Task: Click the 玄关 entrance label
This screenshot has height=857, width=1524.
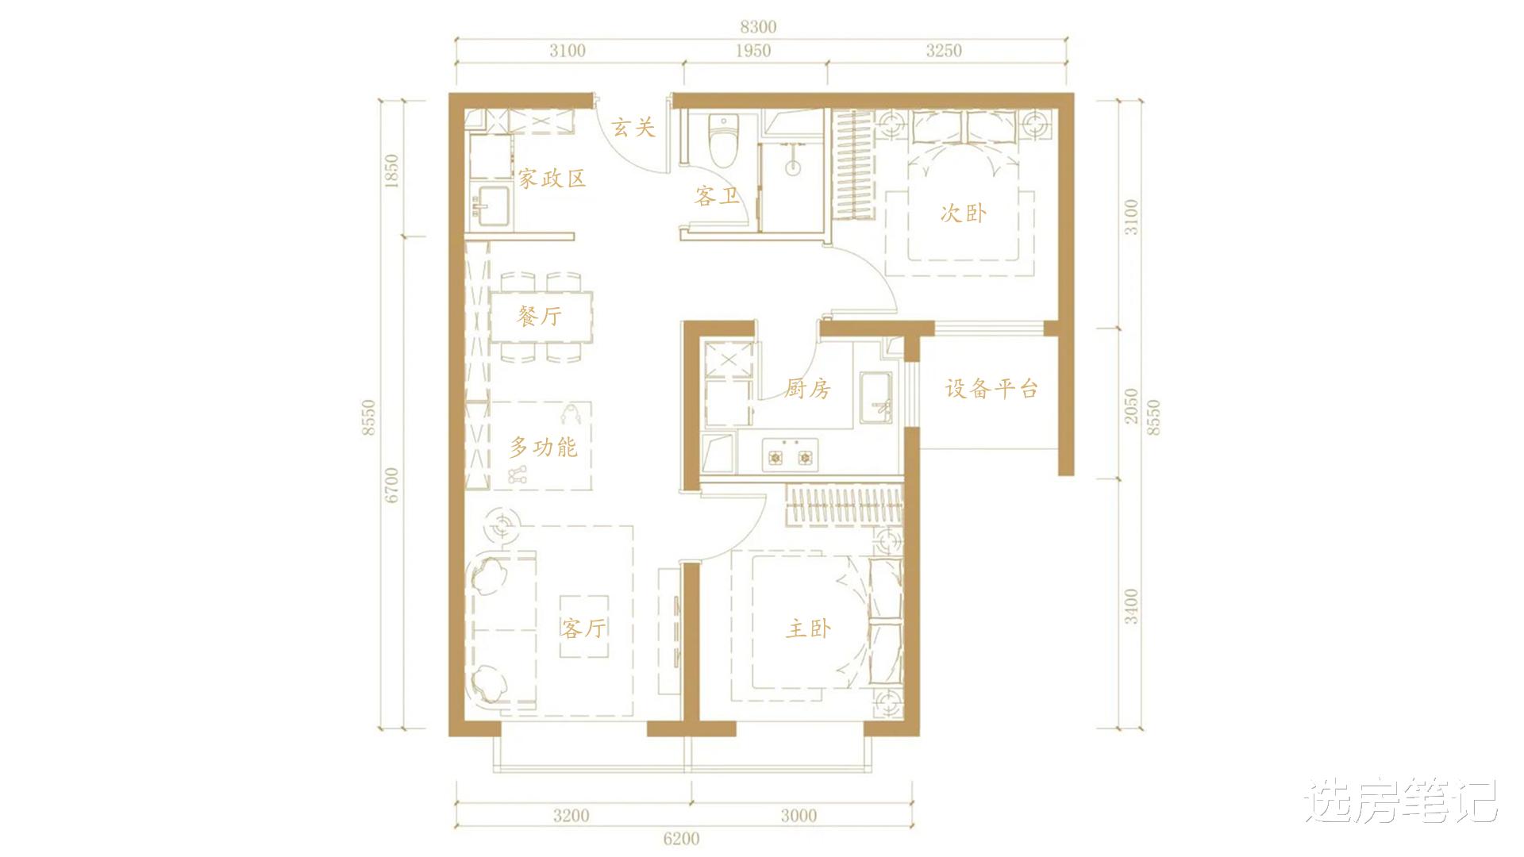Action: (633, 126)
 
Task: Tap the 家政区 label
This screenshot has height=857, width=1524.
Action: (552, 178)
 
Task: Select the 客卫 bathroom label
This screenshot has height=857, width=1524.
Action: (717, 196)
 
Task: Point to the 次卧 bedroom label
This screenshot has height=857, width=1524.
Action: (964, 213)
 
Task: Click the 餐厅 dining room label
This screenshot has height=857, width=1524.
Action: (539, 317)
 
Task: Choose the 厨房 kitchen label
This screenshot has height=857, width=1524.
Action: (807, 389)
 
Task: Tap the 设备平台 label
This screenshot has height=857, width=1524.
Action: (991, 389)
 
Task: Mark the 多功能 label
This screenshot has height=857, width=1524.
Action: (543, 448)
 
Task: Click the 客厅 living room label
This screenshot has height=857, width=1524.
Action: (583, 628)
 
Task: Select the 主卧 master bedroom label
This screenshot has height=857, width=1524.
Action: (809, 628)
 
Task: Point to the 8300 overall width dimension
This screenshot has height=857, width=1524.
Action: (758, 26)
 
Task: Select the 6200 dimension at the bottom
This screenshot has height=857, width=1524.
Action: (680, 838)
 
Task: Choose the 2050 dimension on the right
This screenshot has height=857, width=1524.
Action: (1132, 405)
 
